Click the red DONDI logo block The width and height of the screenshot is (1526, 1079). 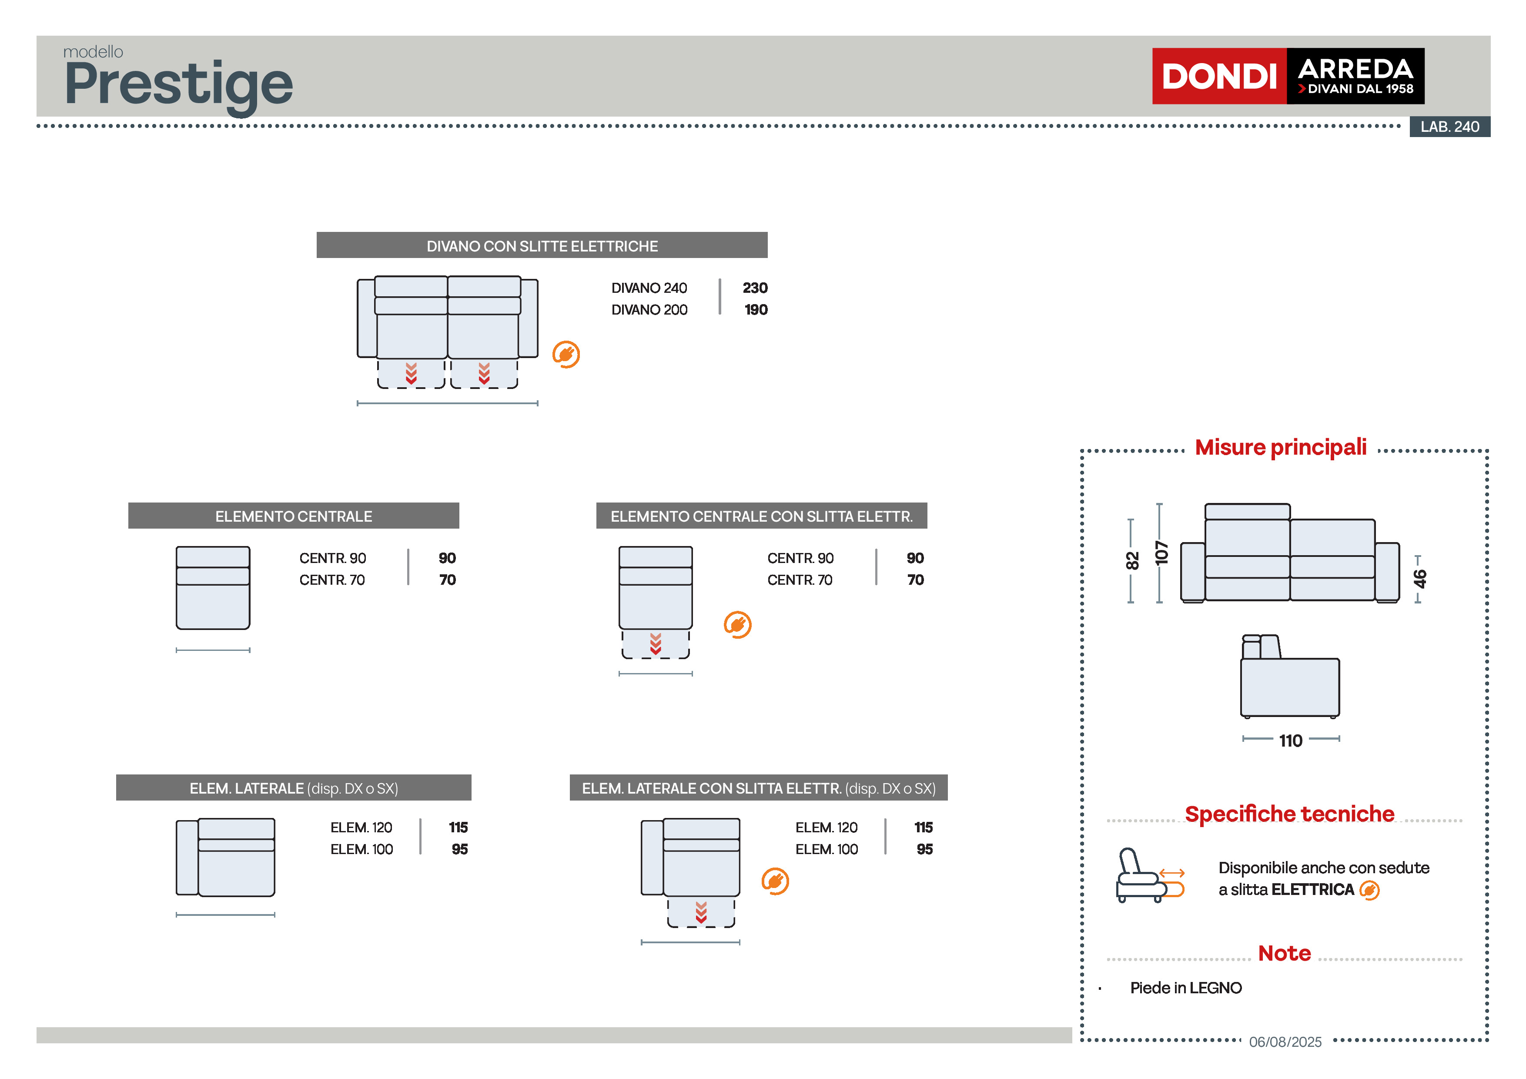coord(1218,76)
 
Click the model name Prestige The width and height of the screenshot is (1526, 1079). coord(178,84)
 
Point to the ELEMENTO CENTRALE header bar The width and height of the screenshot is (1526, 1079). coord(293,516)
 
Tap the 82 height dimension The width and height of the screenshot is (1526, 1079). coord(1132,560)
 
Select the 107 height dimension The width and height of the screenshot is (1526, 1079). coord(1161,553)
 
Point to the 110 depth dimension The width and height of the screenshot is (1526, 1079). coord(1290,741)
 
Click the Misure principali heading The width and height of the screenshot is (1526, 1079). coord(1280,447)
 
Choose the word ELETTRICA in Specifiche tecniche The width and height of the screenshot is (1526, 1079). coord(1312,890)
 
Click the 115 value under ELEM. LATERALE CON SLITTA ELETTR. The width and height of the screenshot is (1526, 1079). coord(923,828)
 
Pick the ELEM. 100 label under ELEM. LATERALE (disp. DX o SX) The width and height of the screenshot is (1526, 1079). coord(361,850)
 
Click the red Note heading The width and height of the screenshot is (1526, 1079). coord(1284,953)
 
